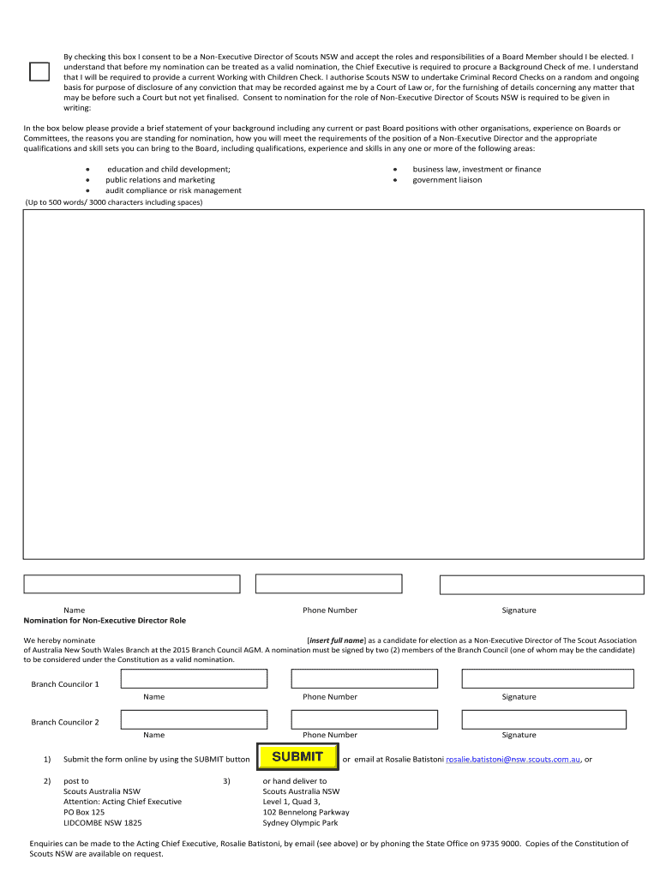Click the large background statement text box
click(333, 383)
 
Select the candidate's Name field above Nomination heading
click(132, 584)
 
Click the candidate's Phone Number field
click(329, 584)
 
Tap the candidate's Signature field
click(541, 584)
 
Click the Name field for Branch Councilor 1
click(194, 679)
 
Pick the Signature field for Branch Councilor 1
click(548, 679)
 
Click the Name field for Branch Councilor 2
click(194, 718)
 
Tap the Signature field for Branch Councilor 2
click(548, 718)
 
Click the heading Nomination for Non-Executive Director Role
click(105, 620)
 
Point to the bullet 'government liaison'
click(447, 180)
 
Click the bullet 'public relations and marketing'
click(160, 180)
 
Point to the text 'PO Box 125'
click(84, 812)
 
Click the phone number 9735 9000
click(501, 844)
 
